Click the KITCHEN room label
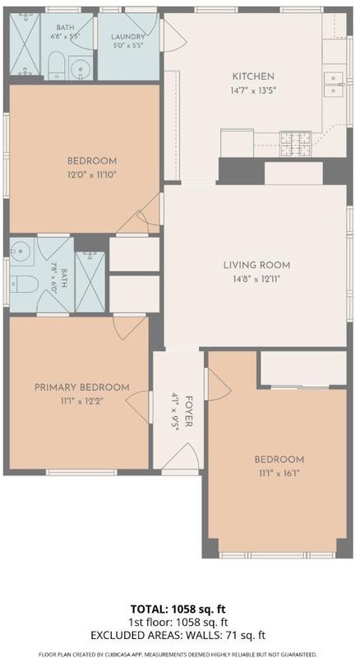pos(253,76)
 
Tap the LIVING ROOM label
pos(256,265)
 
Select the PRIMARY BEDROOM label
pos(82,387)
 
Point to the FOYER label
pos(189,412)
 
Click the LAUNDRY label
pos(128,36)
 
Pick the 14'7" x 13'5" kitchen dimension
pos(253,90)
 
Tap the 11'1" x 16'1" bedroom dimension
pos(279,473)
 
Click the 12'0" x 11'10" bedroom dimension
pos(92,174)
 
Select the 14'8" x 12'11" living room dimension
pos(256,279)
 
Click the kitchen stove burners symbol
pos(296,144)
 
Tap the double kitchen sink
pos(334,84)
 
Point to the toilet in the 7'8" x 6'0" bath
pos(24,284)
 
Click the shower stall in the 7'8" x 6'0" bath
pos(90,281)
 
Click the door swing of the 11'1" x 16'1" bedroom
pos(218,384)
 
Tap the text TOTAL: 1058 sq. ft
pos(180,609)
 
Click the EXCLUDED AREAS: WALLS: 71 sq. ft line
pos(180,635)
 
